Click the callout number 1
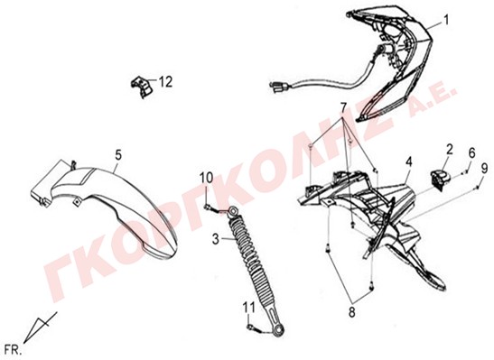pos(446,21)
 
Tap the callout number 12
pos(166,82)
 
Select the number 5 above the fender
pos(117,155)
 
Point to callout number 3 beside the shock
pos(216,239)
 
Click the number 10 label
pos(206,178)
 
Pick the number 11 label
pos(249,308)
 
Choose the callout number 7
pos(343,108)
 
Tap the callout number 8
pos(351,312)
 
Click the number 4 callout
pos(408,162)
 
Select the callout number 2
pos(449,149)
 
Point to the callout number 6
pos(471,153)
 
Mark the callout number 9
pos(484,169)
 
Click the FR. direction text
pos(14,349)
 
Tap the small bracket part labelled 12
pos(142,86)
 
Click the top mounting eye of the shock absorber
pos(232,210)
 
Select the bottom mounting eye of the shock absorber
pos(279,331)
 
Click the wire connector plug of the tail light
pos(278,87)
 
